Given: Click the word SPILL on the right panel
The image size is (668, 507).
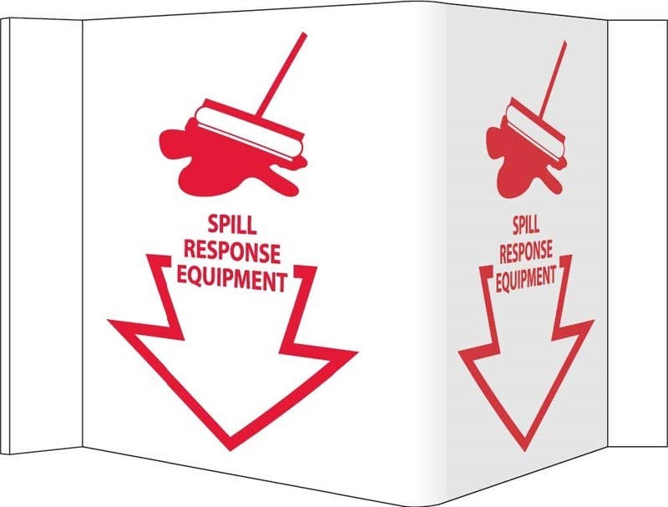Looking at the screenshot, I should [x=524, y=223].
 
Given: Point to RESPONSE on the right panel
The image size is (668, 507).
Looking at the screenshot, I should [x=526, y=250].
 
